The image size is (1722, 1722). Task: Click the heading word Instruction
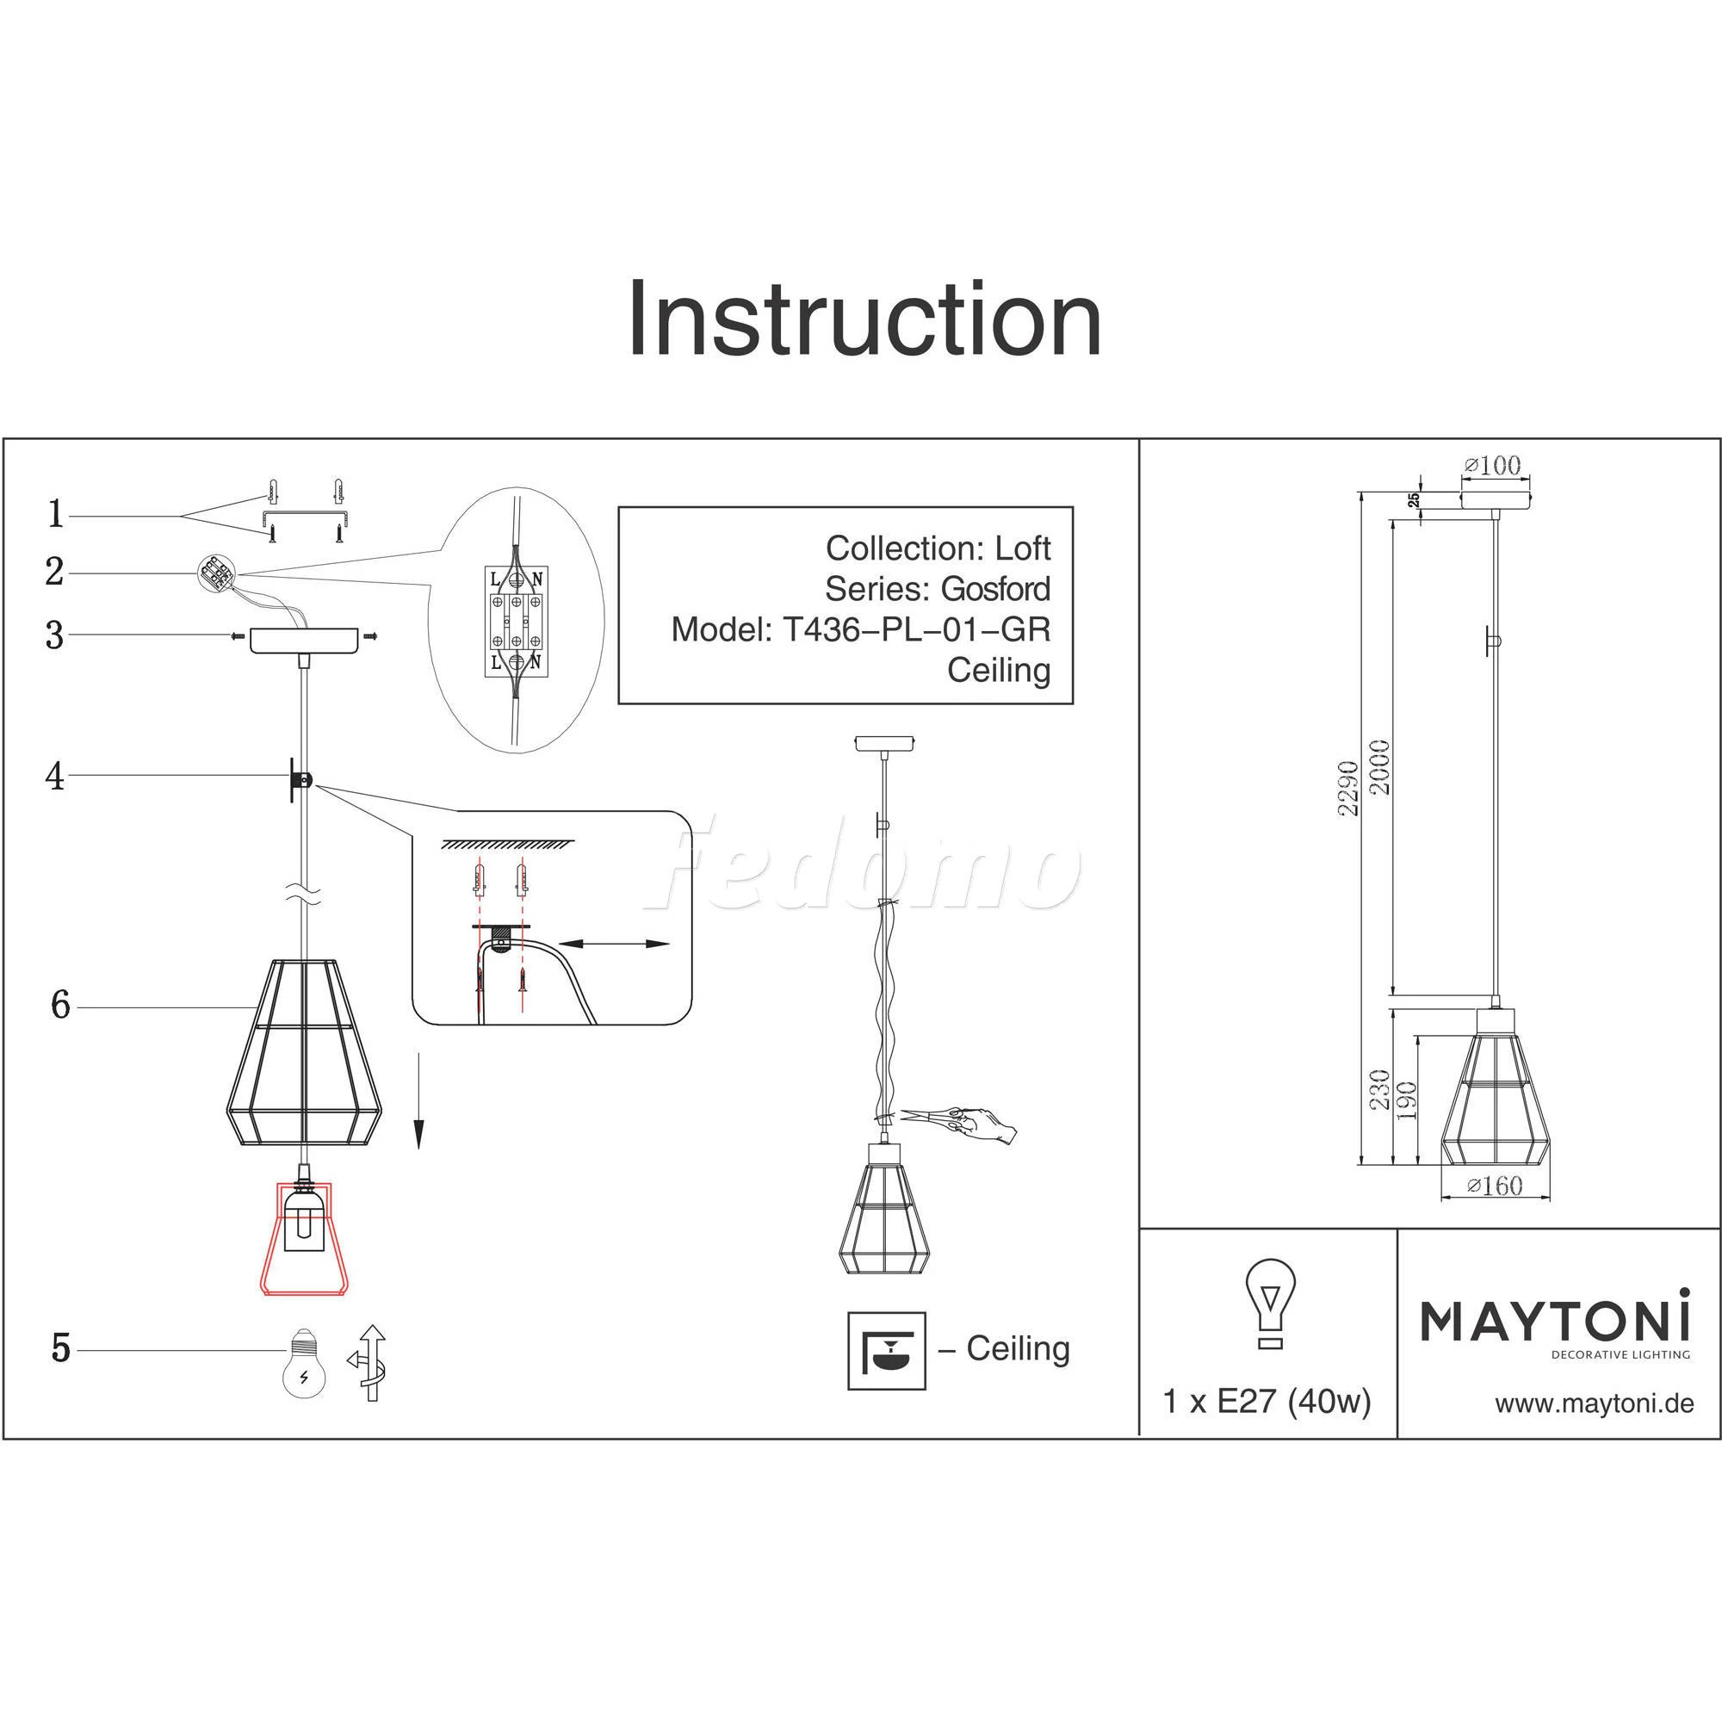(x=864, y=319)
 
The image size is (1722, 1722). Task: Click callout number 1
(x=56, y=514)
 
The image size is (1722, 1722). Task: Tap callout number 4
(x=55, y=777)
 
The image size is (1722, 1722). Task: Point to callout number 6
(x=59, y=1006)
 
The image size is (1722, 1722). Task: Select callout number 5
(x=60, y=1348)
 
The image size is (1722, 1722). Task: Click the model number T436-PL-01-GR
(x=916, y=630)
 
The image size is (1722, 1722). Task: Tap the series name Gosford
(x=995, y=589)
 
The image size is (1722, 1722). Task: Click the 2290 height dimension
(x=1348, y=788)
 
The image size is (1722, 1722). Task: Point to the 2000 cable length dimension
(x=1379, y=767)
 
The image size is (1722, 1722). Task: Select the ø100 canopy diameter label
(x=1492, y=465)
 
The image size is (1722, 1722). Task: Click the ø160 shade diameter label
(x=1494, y=1185)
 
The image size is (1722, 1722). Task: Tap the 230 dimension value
(x=1379, y=1089)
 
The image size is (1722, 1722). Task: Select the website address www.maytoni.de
(x=1594, y=1404)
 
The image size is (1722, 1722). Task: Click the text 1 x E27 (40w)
(x=1267, y=1402)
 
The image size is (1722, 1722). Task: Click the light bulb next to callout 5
(x=304, y=1363)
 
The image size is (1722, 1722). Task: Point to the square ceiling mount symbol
(x=886, y=1350)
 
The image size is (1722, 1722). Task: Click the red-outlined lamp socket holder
(x=304, y=1237)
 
